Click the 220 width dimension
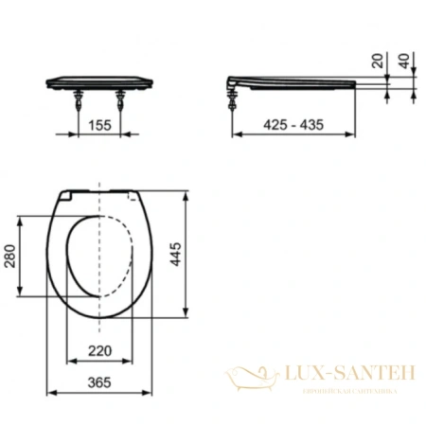tap(100, 350)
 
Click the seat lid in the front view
tap(100, 80)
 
